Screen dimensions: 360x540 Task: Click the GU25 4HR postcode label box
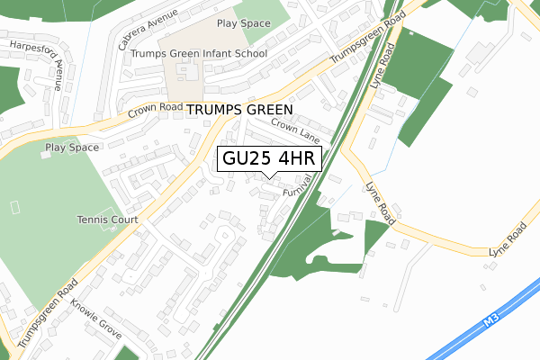tap(268, 159)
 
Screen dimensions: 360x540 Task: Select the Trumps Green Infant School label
tap(199, 54)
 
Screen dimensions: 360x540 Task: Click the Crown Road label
tap(156, 111)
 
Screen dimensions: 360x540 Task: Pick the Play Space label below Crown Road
tap(71, 147)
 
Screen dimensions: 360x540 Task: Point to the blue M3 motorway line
tap(450, 337)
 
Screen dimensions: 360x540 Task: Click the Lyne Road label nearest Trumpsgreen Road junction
tap(382, 68)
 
